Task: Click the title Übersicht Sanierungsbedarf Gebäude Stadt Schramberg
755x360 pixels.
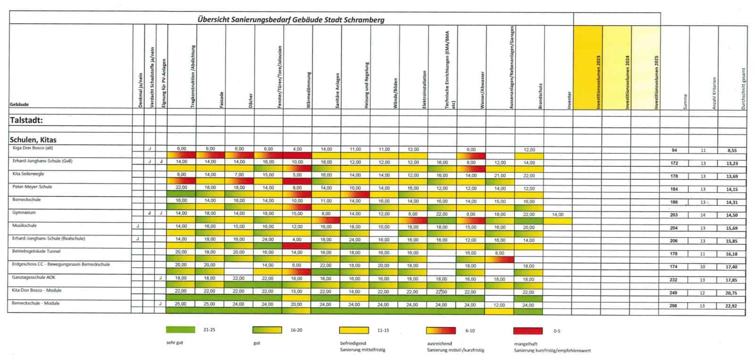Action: [x=291, y=20]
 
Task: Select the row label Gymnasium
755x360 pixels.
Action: [x=25, y=213]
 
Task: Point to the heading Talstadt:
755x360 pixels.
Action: [x=26, y=121]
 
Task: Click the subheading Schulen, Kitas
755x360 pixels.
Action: [x=33, y=140]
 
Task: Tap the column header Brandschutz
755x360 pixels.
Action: [x=540, y=97]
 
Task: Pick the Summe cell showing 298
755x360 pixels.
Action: [x=674, y=306]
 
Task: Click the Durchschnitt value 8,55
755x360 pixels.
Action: [x=732, y=151]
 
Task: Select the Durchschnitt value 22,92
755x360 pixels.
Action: [x=732, y=306]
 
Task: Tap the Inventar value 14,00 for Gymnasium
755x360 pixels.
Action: [x=558, y=215]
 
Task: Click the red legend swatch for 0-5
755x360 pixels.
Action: [x=528, y=330]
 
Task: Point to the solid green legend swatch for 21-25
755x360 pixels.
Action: [x=181, y=330]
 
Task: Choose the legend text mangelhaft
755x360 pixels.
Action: [x=526, y=344]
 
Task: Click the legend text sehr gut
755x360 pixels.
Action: [x=175, y=343]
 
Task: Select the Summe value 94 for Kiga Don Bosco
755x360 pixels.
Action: [x=674, y=151]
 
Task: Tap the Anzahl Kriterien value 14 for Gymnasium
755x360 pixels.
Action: [x=703, y=215]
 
